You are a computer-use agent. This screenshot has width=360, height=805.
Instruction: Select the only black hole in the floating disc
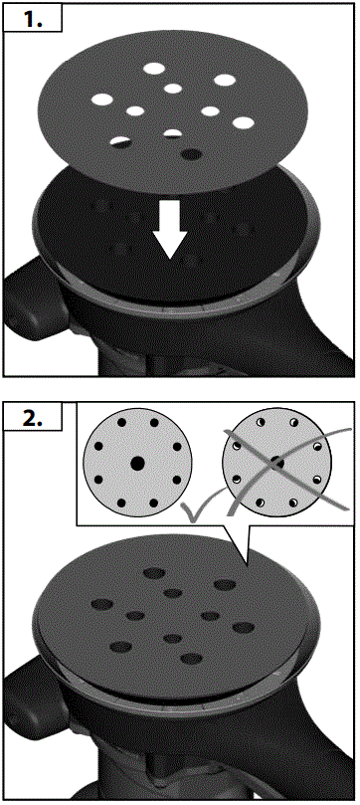tap(192, 154)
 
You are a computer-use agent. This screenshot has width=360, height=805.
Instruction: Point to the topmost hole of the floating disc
tap(154, 69)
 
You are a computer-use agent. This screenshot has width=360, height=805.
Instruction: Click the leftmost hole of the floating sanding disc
tap(103, 100)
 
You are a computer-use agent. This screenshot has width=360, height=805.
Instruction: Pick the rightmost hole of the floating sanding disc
tap(242, 123)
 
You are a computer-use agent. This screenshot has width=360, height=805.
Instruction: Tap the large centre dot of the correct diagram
tap(136, 463)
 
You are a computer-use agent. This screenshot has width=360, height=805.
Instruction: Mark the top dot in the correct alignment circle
tap(136, 420)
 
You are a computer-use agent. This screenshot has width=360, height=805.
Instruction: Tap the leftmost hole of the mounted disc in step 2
tap(101, 604)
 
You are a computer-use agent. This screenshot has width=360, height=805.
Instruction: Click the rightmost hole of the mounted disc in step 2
tap(242, 628)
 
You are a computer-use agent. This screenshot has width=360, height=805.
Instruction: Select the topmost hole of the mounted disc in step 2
tap(155, 573)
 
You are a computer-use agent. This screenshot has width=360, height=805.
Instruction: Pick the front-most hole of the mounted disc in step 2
tap(190, 658)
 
